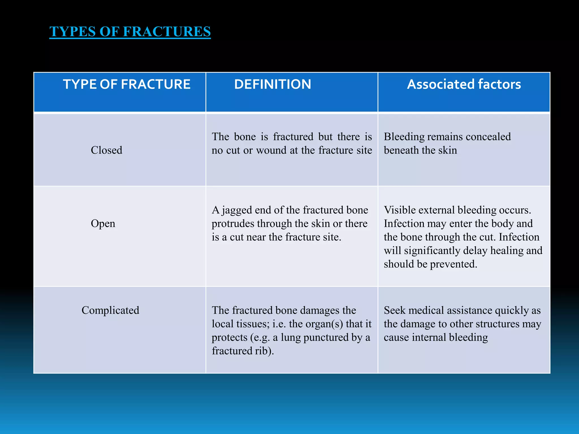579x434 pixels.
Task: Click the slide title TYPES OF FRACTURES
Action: tap(130, 31)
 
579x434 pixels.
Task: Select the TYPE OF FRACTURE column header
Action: tap(127, 84)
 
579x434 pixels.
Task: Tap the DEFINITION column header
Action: tap(273, 84)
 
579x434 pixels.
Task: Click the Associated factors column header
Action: tap(464, 84)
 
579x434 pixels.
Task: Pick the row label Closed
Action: tap(107, 150)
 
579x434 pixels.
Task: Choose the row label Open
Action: tap(103, 223)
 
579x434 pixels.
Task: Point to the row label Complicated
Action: tap(110, 310)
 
